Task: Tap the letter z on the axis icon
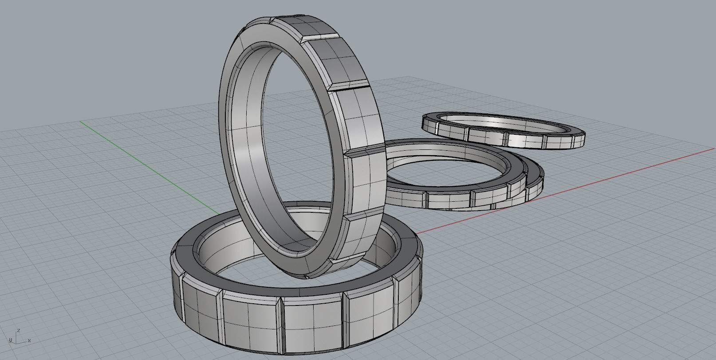coord(19,330)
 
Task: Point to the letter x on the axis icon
coord(29,340)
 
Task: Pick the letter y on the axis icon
coord(10,340)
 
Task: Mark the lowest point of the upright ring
coord(306,278)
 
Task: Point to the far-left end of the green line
coord(82,121)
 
